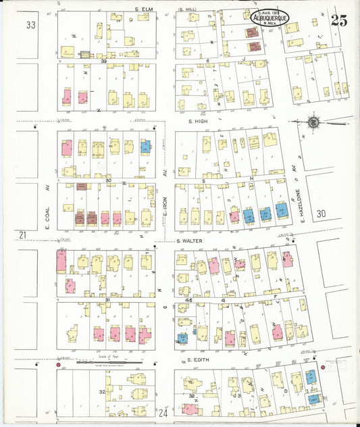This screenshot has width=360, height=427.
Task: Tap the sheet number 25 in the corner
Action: click(x=339, y=20)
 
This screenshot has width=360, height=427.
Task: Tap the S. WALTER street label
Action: click(x=190, y=241)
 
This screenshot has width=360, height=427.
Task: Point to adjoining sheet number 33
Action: click(x=30, y=25)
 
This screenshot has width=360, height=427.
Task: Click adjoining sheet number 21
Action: click(x=23, y=234)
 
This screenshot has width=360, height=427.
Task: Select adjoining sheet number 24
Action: click(x=163, y=411)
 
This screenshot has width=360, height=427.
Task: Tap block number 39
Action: click(x=104, y=61)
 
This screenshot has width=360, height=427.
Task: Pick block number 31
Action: click(x=107, y=300)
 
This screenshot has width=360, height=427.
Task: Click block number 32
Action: click(x=102, y=391)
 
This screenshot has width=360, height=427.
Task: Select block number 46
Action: click(x=189, y=299)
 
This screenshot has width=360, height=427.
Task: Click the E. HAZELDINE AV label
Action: click(x=295, y=193)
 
